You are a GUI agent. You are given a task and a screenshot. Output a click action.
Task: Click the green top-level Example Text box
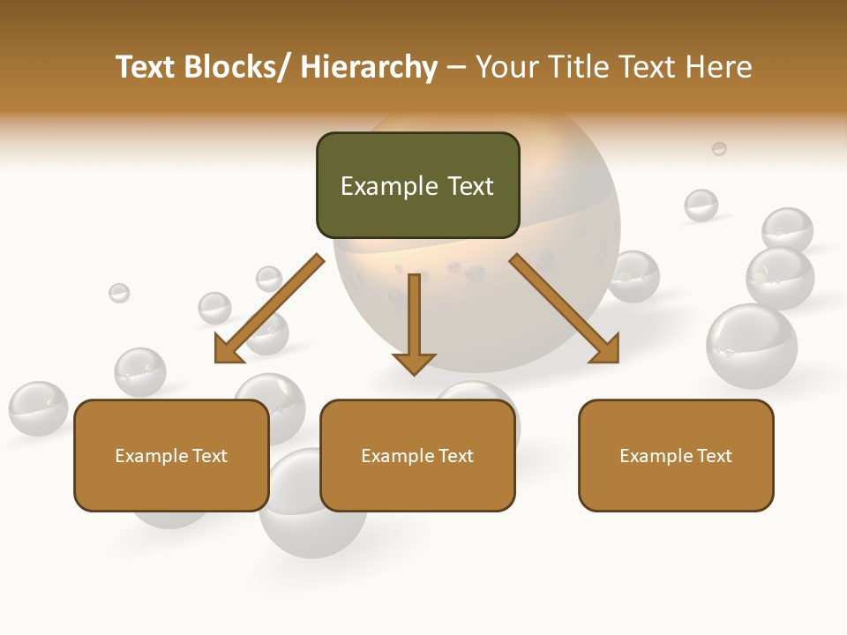coord(417,185)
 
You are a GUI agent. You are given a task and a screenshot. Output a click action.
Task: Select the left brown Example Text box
coord(171,455)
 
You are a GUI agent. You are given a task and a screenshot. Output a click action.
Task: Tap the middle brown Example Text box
coord(417,455)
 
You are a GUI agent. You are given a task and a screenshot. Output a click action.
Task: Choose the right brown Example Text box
coord(676,455)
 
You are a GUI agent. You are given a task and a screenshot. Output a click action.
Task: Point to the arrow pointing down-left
coord(268,310)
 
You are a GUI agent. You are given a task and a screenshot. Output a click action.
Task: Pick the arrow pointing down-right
coord(565,309)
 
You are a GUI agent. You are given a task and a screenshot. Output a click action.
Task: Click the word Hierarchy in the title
coord(369,67)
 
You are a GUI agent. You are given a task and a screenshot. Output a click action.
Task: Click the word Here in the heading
coord(720,67)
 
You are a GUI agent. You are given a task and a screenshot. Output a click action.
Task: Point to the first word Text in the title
coord(146,67)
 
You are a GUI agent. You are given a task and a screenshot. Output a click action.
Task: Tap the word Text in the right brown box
coord(713,455)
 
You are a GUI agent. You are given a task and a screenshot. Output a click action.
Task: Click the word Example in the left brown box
coord(152,455)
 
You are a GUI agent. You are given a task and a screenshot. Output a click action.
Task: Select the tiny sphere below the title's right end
coord(719,148)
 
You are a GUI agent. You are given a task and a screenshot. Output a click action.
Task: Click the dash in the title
coord(456,68)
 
